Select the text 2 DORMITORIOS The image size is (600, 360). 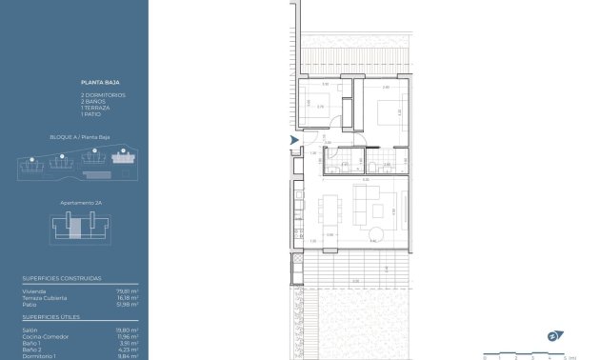tap(103, 95)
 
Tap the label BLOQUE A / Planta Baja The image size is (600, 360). tap(74, 137)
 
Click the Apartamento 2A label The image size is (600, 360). tap(81, 203)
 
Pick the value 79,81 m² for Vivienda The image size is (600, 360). tap(128, 290)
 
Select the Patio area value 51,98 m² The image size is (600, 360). tap(128, 304)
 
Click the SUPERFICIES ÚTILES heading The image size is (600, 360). tap(51, 316)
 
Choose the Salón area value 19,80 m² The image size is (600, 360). tap(128, 330)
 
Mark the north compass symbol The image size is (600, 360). tap(552, 334)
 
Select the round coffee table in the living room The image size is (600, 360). tap(377, 234)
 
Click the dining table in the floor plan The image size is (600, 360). tap(330, 209)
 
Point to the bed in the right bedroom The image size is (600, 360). tap(388, 111)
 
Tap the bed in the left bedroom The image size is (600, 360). tap(310, 107)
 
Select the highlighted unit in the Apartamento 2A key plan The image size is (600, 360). tap(75, 226)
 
